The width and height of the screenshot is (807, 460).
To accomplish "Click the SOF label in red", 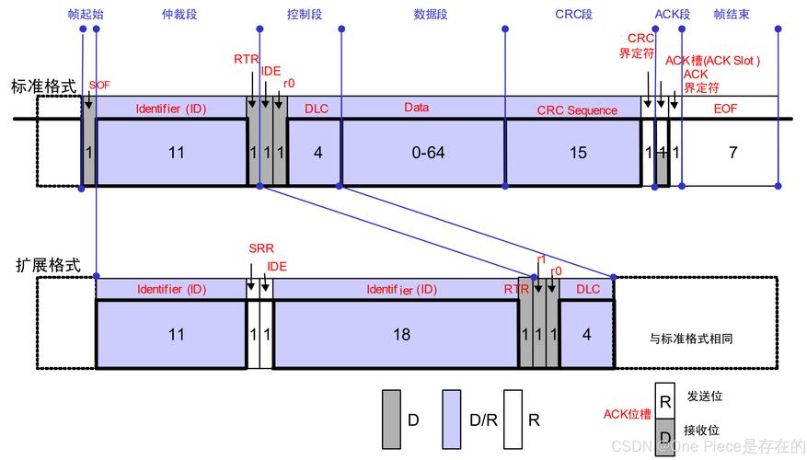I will click(98, 85).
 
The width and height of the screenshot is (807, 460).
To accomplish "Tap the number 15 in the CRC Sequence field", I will click(578, 153).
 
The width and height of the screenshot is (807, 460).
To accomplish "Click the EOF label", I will click(726, 109).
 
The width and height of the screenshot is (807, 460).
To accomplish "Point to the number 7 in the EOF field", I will click(732, 153).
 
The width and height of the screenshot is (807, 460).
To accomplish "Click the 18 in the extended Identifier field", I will click(401, 335).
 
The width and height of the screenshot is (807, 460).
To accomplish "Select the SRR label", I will click(261, 248).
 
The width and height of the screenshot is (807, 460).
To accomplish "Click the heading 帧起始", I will click(87, 15).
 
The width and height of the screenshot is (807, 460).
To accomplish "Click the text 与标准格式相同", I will click(691, 339).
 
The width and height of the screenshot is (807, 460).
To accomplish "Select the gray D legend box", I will click(391, 420).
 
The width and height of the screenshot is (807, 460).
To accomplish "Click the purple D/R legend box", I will click(452, 420).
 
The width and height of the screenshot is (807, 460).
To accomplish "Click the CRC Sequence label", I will click(577, 110).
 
